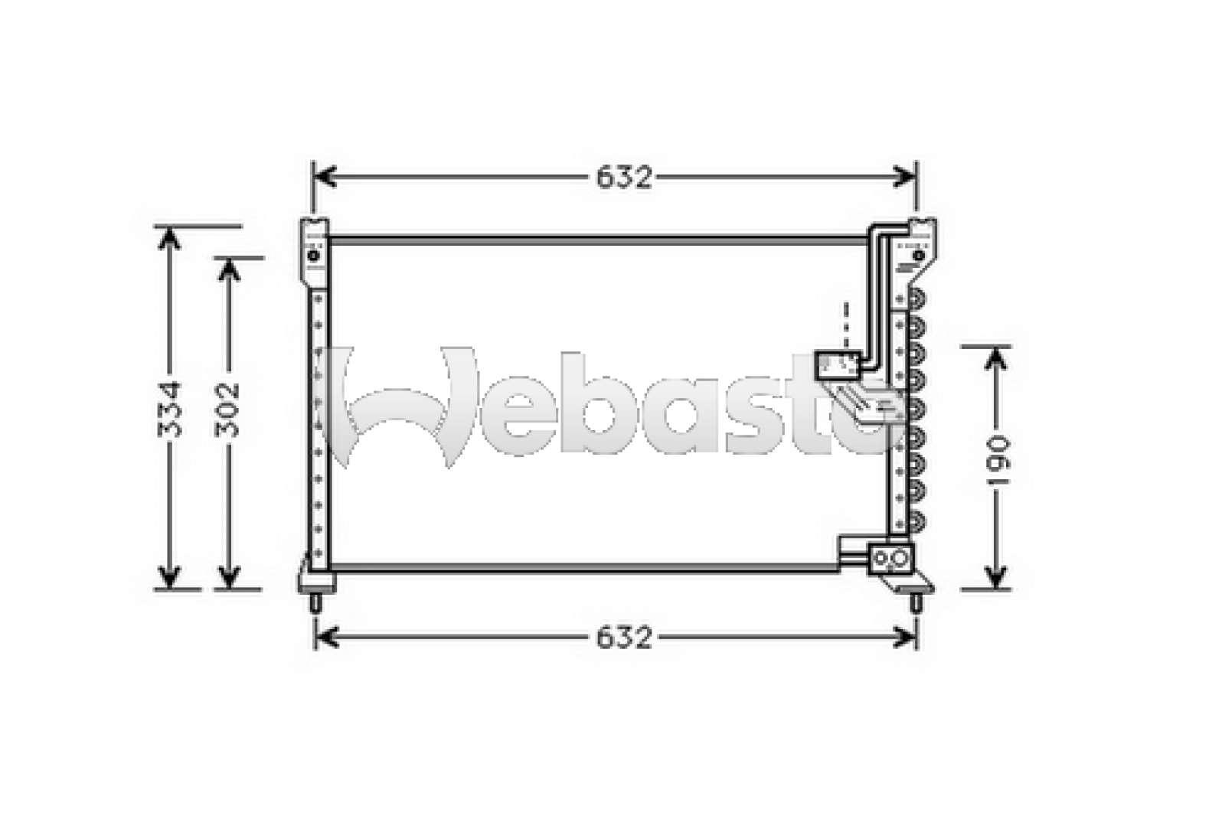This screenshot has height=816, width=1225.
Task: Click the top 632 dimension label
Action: tap(624, 178)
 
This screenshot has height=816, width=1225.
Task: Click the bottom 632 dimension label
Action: tap(624, 637)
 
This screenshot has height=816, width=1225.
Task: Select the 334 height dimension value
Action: tap(170, 409)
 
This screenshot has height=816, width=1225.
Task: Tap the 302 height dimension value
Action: tap(228, 409)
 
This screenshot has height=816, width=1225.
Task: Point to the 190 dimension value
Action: tap(995, 462)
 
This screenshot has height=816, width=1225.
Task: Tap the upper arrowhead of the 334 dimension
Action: tap(169, 239)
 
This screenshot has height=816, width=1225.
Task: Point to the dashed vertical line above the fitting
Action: tap(846, 325)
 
